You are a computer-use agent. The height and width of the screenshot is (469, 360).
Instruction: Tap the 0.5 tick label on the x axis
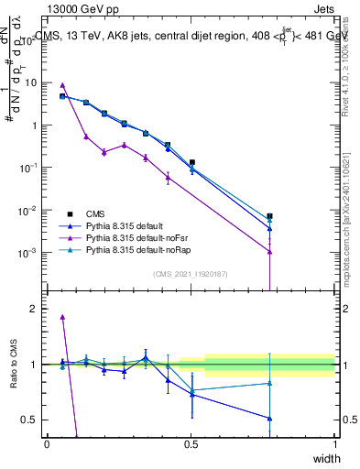191,443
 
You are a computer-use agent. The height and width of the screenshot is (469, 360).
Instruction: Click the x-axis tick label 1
335,443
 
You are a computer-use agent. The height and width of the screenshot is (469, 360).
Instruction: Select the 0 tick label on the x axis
47,443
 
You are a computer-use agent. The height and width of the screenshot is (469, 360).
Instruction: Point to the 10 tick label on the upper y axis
30,82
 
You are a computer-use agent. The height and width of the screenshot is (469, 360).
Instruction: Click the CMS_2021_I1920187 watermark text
191,274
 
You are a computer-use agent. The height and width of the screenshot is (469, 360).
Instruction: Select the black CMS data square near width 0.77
269,216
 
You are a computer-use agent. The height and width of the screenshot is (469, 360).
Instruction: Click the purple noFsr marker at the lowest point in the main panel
269,252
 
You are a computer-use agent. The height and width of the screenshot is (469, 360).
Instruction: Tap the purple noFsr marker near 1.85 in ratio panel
62,317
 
